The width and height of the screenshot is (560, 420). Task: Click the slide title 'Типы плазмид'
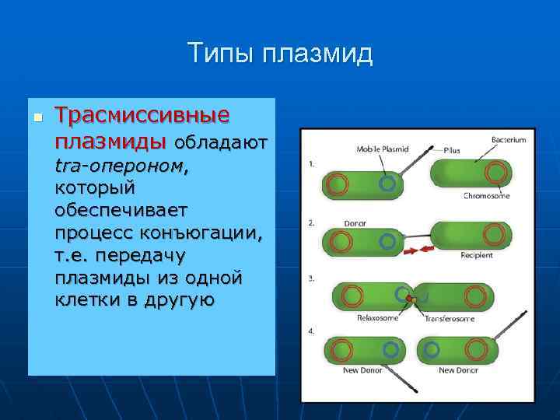[x=280, y=54]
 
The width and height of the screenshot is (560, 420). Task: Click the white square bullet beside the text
[x=37, y=117]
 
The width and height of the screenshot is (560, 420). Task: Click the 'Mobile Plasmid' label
[x=382, y=149]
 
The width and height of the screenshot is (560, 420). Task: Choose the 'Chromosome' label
[x=486, y=196]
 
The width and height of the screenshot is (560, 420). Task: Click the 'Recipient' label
[x=477, y=254]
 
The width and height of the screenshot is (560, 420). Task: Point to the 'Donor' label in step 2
[x=355, y=224]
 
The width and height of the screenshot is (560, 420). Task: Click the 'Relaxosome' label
[x=377, y=317]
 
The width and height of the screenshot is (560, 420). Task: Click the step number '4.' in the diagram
[x=312, y=331]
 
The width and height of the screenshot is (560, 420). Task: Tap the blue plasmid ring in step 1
[x=387, y=184]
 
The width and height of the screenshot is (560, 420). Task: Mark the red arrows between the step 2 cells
[x=418, y=250]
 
